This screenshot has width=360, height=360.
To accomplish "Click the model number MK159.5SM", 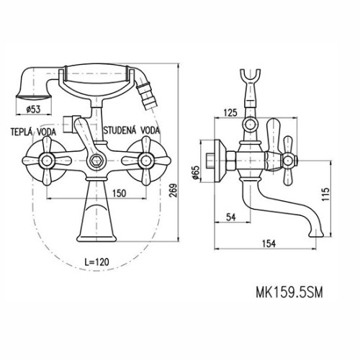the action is [x=289, y=292].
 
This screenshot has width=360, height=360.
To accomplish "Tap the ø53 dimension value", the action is [x=33, y=109].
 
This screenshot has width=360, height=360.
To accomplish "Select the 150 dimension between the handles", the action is [x=119, y=193].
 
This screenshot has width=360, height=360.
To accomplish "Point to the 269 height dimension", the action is [x=173, y=190].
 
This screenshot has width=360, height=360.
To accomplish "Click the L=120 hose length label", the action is [x=96, y=261].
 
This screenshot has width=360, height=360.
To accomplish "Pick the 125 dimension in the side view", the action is [x=230, y=112].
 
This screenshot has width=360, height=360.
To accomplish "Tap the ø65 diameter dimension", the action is [x=196, y=172].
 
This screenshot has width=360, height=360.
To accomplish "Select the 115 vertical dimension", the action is [x=325, y=194].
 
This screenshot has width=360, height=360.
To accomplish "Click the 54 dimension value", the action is [x=231, y=217].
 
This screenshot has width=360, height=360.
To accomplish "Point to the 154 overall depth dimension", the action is [x=269, y=243].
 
